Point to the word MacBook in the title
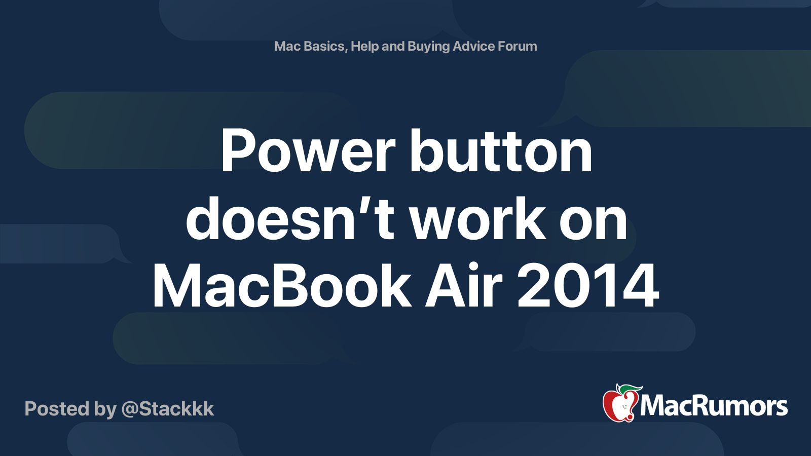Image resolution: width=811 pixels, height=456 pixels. (x=282, y=287)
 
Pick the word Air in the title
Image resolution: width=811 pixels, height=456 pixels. (x=464, y=287)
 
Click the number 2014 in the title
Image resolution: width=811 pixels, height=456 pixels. (x=588, y=287)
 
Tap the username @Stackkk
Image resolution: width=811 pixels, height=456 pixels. (x=168, y=409)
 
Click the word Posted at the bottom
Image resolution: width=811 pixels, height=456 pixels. (x=57, y=409)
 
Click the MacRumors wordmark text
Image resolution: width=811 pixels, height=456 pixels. (x=714, y=406)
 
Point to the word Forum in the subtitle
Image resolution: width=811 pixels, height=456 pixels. (x=517, y=46)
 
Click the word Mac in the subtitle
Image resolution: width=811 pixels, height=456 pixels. (x=287, y=46)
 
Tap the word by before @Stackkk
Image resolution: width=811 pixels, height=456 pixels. (x=105, y=409)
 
